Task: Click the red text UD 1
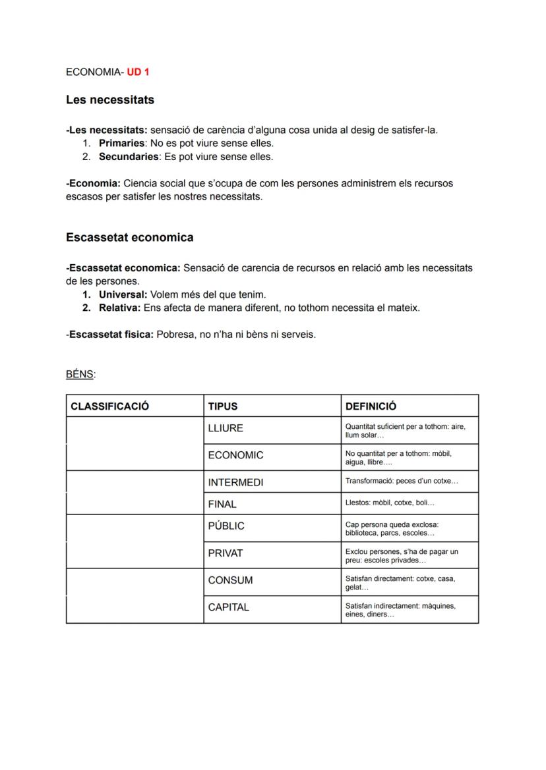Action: (x=138, y=71)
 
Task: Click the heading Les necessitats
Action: (x=110, y=100)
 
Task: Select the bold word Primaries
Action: (x=121, y=143)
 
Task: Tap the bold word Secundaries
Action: (x=129, y=157)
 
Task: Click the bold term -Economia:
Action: (x=93, y=183)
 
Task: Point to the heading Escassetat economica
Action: (x=129, y=237)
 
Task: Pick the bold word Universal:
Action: (x=123, y=294)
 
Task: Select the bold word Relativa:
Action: (x=119, y=308)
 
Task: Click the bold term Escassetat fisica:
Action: (x=111, y=335)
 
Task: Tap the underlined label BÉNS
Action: (x=80, y=374)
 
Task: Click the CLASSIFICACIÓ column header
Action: (x=110, y=406)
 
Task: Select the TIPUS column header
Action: (x=222, y=406)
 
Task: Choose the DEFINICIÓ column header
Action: (x=371, y=406)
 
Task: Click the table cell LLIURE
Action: (x=226, y=428)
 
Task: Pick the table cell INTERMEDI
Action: (x=235, y=482)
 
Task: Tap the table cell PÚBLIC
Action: (x=226, y=526)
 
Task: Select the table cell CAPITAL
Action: (x=228, y=607)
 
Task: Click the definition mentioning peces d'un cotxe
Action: (x=401, y=481)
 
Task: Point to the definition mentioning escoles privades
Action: (x=401, y=556)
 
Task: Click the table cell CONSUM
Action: (x=230, y=580)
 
